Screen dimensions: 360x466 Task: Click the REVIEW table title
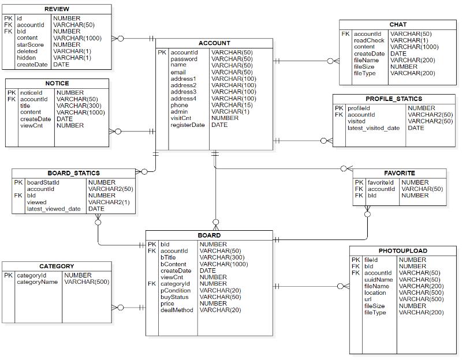coord(57,9)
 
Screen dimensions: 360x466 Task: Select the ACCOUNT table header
coord(214,43)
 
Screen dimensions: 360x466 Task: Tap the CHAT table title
coord(398,24)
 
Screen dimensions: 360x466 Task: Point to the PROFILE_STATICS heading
coord(393,99)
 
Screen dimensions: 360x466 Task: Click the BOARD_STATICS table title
coord(73,173)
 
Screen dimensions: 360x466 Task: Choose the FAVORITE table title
coord(400,173)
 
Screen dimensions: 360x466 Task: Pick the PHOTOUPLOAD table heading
coord(403,251)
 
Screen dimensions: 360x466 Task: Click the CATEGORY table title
coord(57,267)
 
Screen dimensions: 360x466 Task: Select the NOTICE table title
coord(57,84)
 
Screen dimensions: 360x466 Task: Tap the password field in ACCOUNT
coord(184,59)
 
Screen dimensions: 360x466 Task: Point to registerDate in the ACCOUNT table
coord(187,125)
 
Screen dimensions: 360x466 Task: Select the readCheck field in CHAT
coord(368,41)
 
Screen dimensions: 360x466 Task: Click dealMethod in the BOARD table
coord(177,310)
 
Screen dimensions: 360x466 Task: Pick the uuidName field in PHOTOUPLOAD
coord(378,280)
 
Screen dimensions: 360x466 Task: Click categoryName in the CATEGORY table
coord(37,282)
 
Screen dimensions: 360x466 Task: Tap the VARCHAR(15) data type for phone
coord(232,106)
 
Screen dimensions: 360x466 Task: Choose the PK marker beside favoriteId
coord(359,182)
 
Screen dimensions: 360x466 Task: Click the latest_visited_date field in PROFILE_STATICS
coord(373,128)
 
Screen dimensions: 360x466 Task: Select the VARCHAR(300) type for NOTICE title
coord(77,106)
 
